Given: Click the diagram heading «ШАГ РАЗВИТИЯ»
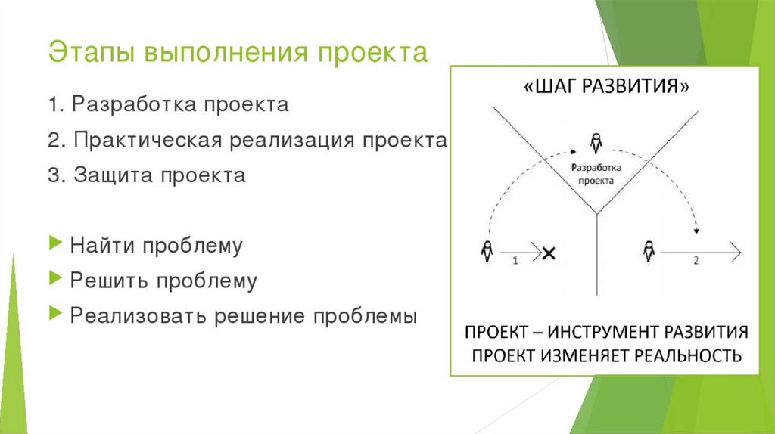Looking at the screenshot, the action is click(605, 88).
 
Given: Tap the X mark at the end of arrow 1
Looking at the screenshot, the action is click(549, 252).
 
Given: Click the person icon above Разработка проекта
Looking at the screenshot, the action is click(596, 141).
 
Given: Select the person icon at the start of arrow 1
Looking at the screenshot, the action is click(486, 250).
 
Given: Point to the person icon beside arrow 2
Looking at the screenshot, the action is click(648, 250).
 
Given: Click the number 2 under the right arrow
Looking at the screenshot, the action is click(696, 261).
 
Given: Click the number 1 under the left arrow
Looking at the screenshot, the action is click(515, 261).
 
